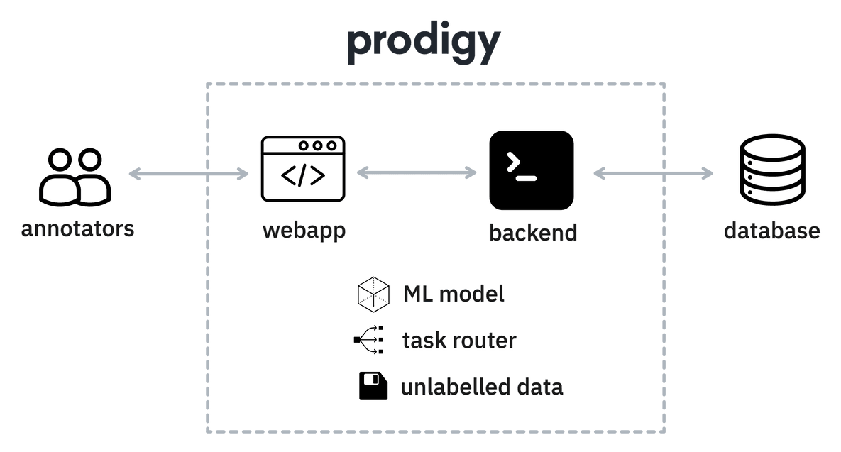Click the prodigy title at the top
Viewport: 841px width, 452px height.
coord(424,46)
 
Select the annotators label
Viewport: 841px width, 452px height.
coord(77,230)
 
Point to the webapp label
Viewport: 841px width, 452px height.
coord(304,231)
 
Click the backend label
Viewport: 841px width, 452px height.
coord(532,232)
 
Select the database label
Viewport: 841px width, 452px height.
coord(772,231)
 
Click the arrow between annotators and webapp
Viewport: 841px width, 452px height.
coord(189,174)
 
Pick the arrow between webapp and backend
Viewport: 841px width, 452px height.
coord(417,172)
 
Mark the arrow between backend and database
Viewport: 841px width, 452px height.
coord(653,172)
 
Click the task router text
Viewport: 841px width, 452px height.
coord(458,341)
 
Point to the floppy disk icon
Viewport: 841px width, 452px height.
coord(373,387)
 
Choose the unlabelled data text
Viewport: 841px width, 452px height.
coord(482,387)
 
